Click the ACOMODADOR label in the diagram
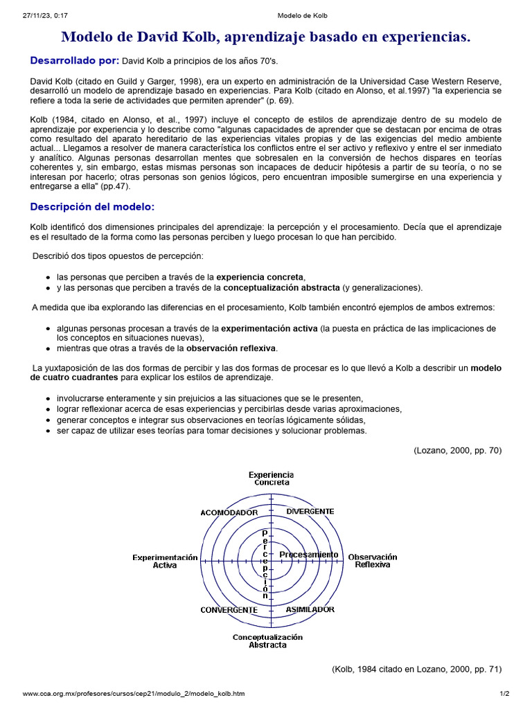(x=229, y=512)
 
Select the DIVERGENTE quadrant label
(x=310, y=511)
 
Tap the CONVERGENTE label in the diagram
(x=229, y=610)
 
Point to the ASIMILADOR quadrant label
(x=310, y=609)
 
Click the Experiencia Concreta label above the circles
(x=272, y=478)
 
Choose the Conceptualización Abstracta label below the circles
(x=267, y=641)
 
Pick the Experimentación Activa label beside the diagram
(x=166, y=561)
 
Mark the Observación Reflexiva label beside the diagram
(x=373, y=561)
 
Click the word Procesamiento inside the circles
(x=308, y=555)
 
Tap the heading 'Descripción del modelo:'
(x=92, y=207)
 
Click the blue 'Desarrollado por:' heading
(x=75, y=61)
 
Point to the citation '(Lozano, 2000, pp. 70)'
(x=458, y=450)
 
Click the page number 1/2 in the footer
(x=504, y=693)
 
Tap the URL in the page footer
(x=133, y=693)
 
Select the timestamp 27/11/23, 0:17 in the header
(x=43, y=16)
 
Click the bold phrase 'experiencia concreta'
(x=260, y=276)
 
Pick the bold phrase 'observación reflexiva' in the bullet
(x=231, y=348)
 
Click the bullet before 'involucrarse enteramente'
(x=47, y=399)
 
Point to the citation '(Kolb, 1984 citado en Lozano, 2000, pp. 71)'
(x=417, y=669)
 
